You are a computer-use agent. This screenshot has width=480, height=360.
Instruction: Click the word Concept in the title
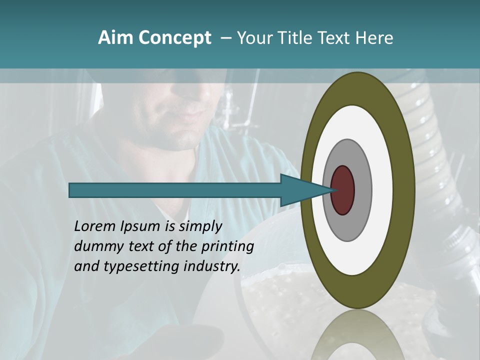click(x=174, y=38)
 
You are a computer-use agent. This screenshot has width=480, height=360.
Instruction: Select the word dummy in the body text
click(x=95, y=246)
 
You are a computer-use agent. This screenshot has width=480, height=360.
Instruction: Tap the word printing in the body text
click(x=227, y=246)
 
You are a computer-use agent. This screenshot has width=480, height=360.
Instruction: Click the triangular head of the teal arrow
click(x=300, y=190)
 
